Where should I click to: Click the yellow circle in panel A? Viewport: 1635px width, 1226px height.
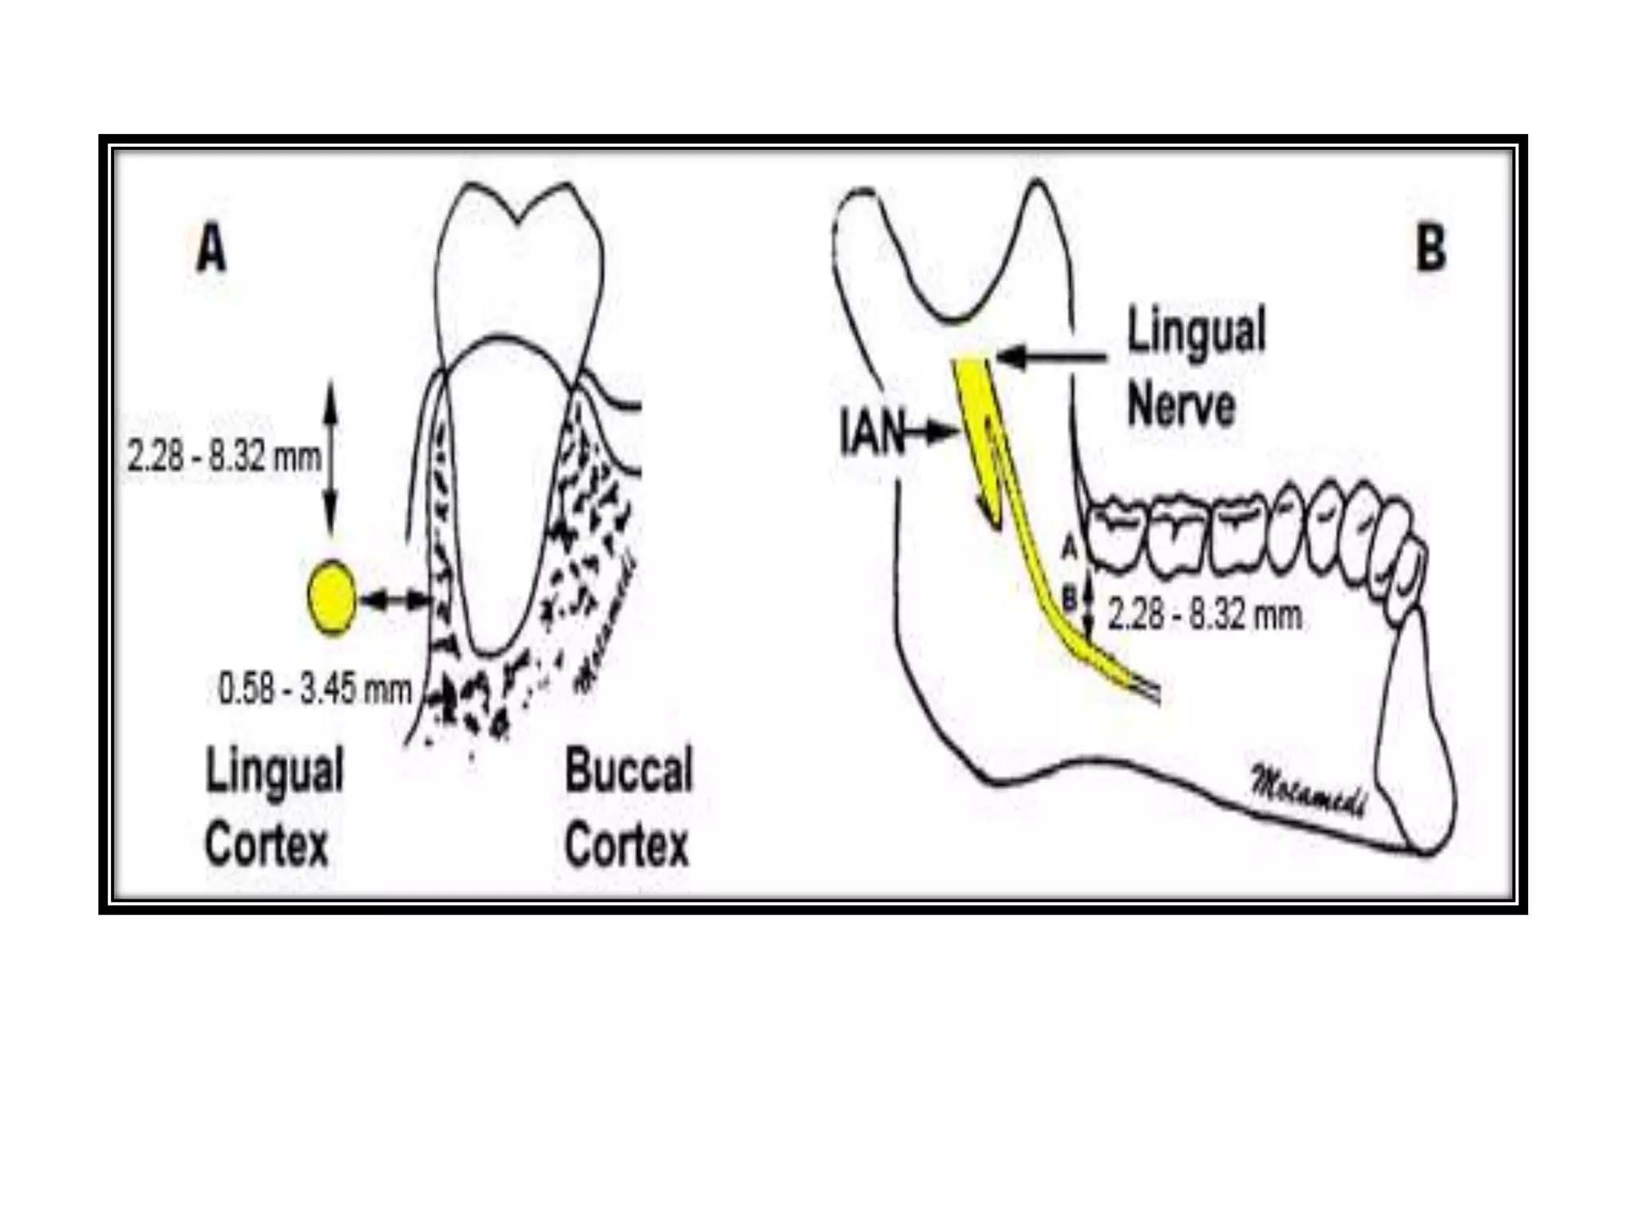click(331, 597)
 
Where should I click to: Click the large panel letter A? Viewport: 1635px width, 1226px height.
click(212, 249)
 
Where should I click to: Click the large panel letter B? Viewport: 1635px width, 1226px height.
click(1431, 249)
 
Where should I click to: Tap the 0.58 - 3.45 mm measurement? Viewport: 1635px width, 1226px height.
click(315, 689)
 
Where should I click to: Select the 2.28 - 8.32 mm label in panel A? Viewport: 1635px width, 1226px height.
click(224, 457)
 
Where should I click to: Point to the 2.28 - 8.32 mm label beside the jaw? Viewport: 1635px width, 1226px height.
click(1205, 615)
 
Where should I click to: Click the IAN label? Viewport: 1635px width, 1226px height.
click(872, 432)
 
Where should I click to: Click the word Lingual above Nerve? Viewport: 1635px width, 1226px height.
click(1196, 331)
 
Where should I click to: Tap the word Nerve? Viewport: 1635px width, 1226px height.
click(1181, 405)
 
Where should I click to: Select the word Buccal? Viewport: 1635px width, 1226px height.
click(629, 770)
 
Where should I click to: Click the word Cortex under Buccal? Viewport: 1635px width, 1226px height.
click(627, 845)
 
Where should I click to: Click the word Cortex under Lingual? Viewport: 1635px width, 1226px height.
click(267, 845)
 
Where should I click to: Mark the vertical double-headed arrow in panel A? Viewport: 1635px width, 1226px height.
click(331, 458)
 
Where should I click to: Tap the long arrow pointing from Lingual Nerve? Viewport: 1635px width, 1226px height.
click(1052, 357)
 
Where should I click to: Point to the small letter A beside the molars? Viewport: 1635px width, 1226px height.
click(1070, 548)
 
